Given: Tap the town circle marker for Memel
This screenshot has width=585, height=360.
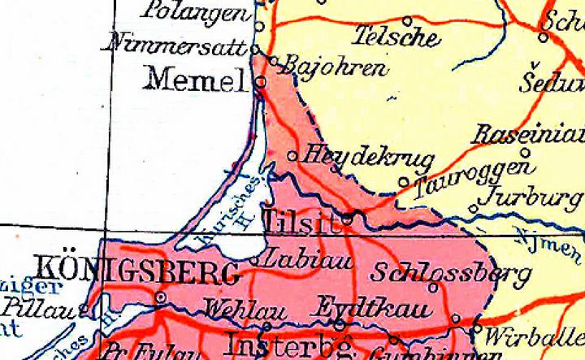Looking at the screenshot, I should [260, 82].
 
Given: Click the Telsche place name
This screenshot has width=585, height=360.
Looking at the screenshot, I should [398, 37].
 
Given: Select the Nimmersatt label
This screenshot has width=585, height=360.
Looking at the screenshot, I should [177, 46].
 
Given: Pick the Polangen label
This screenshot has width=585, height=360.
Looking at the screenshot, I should [195, 12].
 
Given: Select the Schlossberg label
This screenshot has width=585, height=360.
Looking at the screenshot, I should [439, 273].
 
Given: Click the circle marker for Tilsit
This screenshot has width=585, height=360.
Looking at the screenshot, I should [348, 218].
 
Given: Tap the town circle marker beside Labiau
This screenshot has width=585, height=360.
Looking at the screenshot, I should [257, 262].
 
